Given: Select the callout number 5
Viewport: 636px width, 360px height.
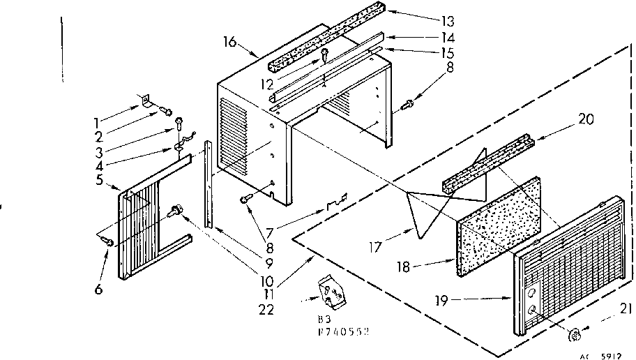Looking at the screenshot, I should (x=99, y=181).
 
